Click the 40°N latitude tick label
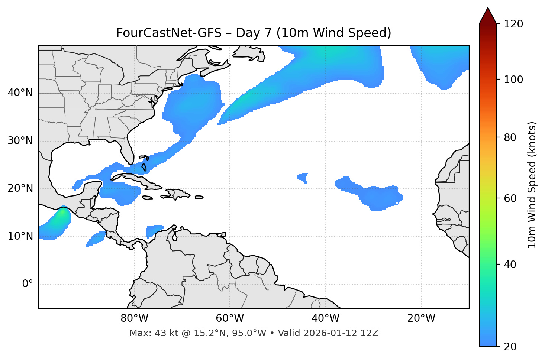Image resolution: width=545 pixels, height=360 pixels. coord(20,93)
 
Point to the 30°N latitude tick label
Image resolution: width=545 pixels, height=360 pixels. coord(20,141)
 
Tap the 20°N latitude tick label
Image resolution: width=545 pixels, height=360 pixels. coord(20,188)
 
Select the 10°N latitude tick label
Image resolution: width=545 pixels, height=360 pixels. coord(20,236)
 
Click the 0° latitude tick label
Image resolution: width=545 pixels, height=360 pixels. coord(28,284)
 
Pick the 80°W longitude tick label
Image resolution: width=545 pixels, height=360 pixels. coord(134,318)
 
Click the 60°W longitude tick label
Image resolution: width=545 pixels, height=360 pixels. coord(230,318)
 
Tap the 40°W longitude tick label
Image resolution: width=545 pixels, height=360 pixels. coord(325,318)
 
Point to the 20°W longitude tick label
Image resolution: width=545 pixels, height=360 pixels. coord(421,318)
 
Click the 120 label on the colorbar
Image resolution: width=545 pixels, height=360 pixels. coord(513,24)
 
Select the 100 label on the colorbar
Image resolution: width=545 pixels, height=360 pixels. coord(513,80)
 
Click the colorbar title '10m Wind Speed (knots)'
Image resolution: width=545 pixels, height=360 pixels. coord(532,185)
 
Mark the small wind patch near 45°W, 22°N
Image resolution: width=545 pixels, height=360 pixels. coord(303,177)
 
